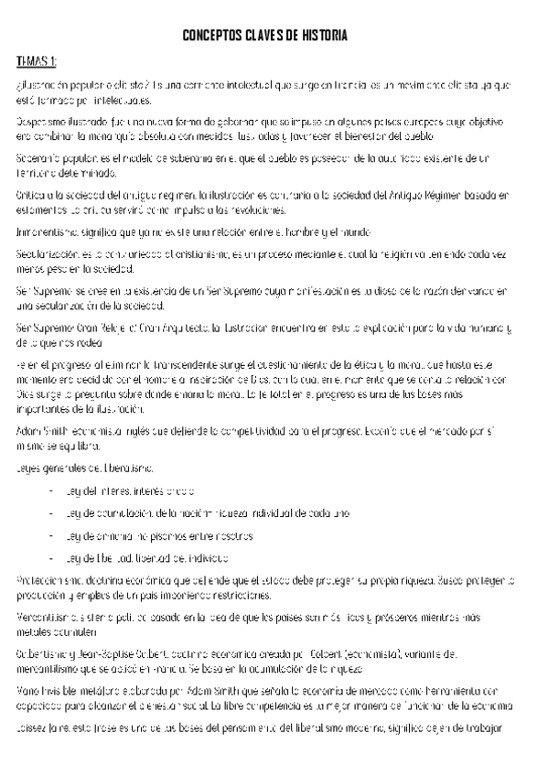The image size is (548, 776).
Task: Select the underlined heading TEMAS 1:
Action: pos(37,61)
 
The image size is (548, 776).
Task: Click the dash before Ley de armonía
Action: pos(51,535)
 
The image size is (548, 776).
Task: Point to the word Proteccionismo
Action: pos(51,580)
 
